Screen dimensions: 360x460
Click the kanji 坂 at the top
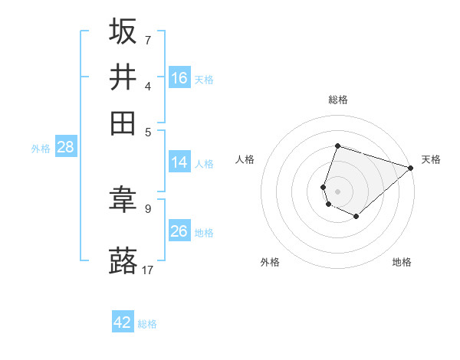pos(123,31)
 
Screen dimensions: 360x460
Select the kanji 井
pos(123,77)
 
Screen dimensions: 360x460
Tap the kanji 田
pos(123,123)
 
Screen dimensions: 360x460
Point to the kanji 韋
pos(123,201)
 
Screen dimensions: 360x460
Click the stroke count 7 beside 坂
pos(147,40)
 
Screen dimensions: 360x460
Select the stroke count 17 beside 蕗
pos(148,270)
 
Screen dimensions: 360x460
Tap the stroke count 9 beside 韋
pos(147,208)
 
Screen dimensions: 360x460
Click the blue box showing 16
pos(179,78)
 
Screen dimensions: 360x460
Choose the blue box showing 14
pos(179,162)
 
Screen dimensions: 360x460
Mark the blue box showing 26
pos(179,231)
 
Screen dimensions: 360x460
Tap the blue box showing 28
pos(65,148)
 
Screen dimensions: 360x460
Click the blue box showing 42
pos(123,322)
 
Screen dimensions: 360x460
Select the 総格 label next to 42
pos(147,324)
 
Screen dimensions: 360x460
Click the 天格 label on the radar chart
pos(431,159)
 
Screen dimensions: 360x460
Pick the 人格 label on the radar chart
pos(245,159)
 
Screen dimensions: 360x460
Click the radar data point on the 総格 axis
pos(337,146)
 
